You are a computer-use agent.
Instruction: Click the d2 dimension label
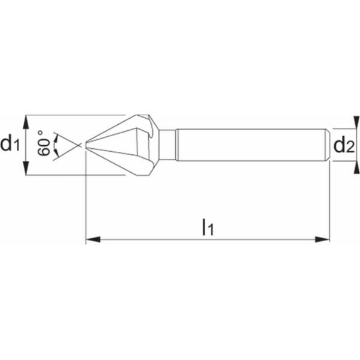pos(344,146)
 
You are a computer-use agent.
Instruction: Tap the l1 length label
pos(208,227)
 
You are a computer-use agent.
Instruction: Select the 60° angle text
pos(43,143)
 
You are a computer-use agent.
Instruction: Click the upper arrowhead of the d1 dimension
pos(26,122)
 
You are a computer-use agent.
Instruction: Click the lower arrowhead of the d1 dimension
pos(26,168)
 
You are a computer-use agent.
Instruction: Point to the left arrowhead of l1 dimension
pos(93,239)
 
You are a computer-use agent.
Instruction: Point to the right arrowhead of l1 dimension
pos(322,239)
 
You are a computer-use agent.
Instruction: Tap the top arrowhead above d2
pos(356,122)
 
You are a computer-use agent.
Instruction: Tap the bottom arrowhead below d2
pos(356,167)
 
